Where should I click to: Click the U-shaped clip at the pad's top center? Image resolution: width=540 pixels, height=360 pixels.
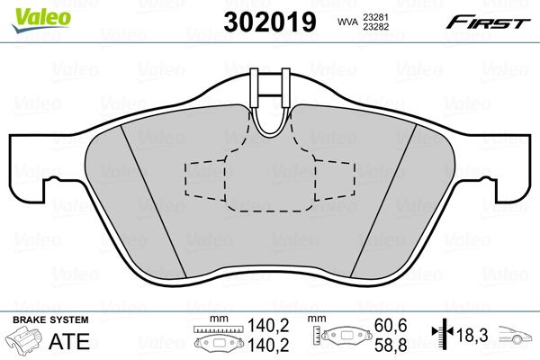(x=271, y=103)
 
